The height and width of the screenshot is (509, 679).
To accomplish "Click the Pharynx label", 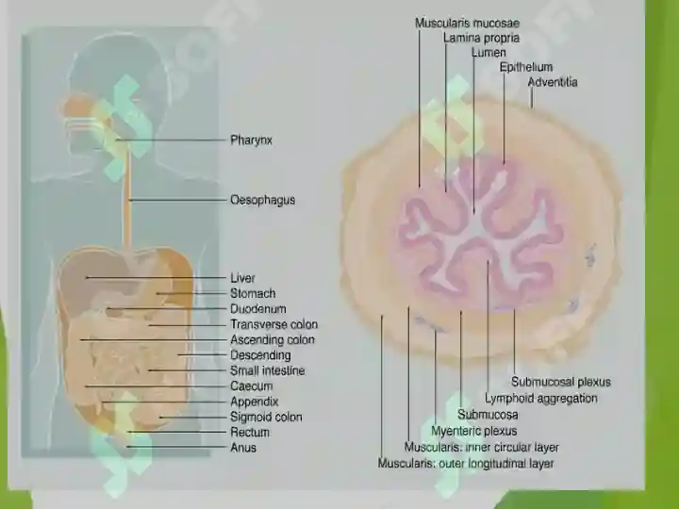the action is [x=251, y=140].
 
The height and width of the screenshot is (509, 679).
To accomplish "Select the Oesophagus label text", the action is [x=262, y=200].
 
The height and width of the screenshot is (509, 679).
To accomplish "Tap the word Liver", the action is [x=242, y=278].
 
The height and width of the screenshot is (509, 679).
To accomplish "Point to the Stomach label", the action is [x=253, y=293].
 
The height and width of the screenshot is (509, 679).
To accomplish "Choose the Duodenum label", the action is [x=258, y=309].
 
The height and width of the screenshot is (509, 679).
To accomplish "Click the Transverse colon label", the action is [x=274, y=324].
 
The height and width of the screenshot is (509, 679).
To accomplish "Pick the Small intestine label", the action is [x=268, y=370].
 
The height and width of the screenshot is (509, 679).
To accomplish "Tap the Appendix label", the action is [x=255, y=402].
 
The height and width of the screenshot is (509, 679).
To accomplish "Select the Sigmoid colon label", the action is [x=266, y=417].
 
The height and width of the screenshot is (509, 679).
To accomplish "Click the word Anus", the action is [x=243, y=448].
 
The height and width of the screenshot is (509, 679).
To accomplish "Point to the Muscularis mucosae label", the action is [x=467, y=23].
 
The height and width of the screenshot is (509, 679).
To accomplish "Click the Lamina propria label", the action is [x=481, y=38].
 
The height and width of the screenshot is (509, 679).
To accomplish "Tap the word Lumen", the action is [x=489, y=53].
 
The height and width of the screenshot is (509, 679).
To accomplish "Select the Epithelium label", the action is [x=526, y=67].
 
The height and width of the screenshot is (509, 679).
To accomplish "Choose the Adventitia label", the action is [x=553, y=82].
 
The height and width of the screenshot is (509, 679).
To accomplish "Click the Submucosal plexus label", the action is [x=561, y=382].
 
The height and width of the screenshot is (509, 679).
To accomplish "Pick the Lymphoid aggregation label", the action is [x=541, y=398].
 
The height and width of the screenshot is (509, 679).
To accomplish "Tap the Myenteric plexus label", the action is [x=473, y=431].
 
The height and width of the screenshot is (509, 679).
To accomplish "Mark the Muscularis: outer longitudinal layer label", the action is [x=466, y=464].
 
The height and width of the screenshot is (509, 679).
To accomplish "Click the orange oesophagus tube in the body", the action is [x=127, y=195].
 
